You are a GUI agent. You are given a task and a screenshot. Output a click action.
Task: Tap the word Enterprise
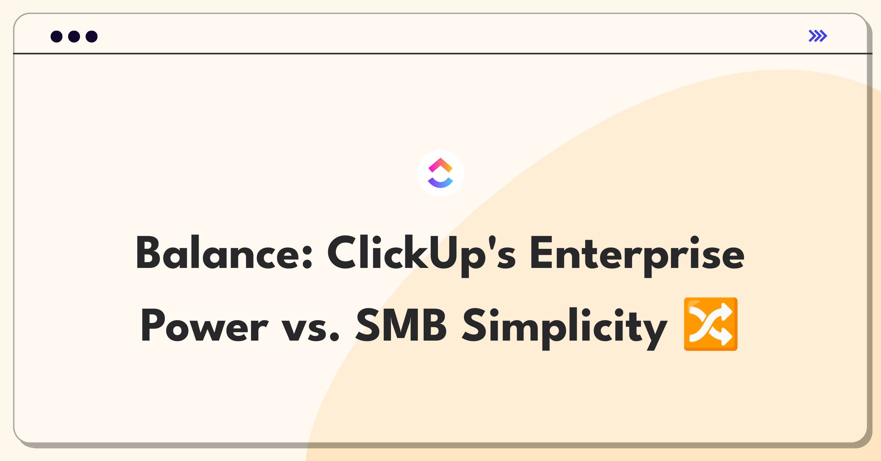[637, 256]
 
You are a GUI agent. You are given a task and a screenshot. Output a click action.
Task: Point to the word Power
[204, 325]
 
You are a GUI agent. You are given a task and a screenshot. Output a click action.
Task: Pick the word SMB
[401, 324]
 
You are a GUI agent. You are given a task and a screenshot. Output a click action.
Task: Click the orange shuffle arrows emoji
[711, 324]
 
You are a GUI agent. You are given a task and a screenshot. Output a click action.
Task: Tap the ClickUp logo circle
[440, 173]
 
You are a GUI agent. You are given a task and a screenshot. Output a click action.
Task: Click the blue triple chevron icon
[818, 36]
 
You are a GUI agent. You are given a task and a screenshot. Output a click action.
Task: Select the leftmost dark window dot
[57, 36]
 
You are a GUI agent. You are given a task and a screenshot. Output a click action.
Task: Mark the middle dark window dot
[74, 36]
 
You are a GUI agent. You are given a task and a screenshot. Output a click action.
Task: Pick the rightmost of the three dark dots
[92, 36]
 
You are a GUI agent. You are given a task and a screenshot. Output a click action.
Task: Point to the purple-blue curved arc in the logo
[440, 184]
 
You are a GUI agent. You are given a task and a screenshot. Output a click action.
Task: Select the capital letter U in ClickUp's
[443, 253]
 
